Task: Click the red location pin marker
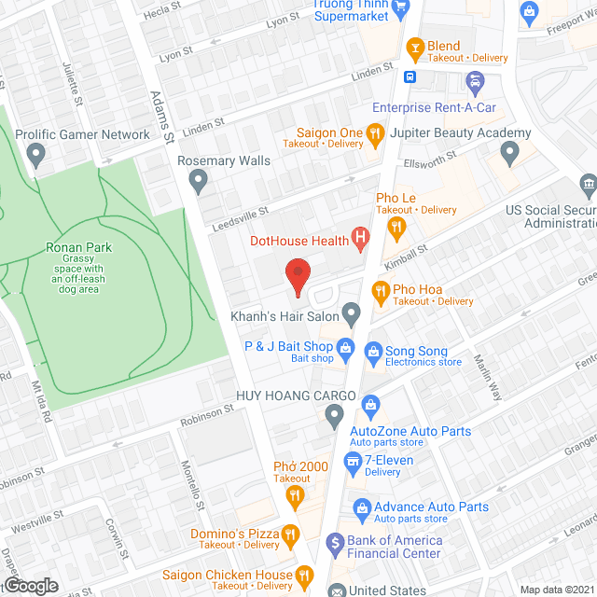pyautogui.click(x=297, y=274)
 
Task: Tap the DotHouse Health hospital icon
pyautogui.click(x=358, y=241)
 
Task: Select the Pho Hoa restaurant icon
pyautogui.click(x=381, y=294)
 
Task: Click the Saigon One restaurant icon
pyautogui.click(x=375, y=135)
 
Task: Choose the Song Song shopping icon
pyautogui.click(x=373, y=353)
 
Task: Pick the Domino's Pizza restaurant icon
pyautogui.click(x=290, y=535)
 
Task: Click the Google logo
pyautogui.click(x=30, y=585)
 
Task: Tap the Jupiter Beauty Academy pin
pyautogui.click(x=509, y=152)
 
